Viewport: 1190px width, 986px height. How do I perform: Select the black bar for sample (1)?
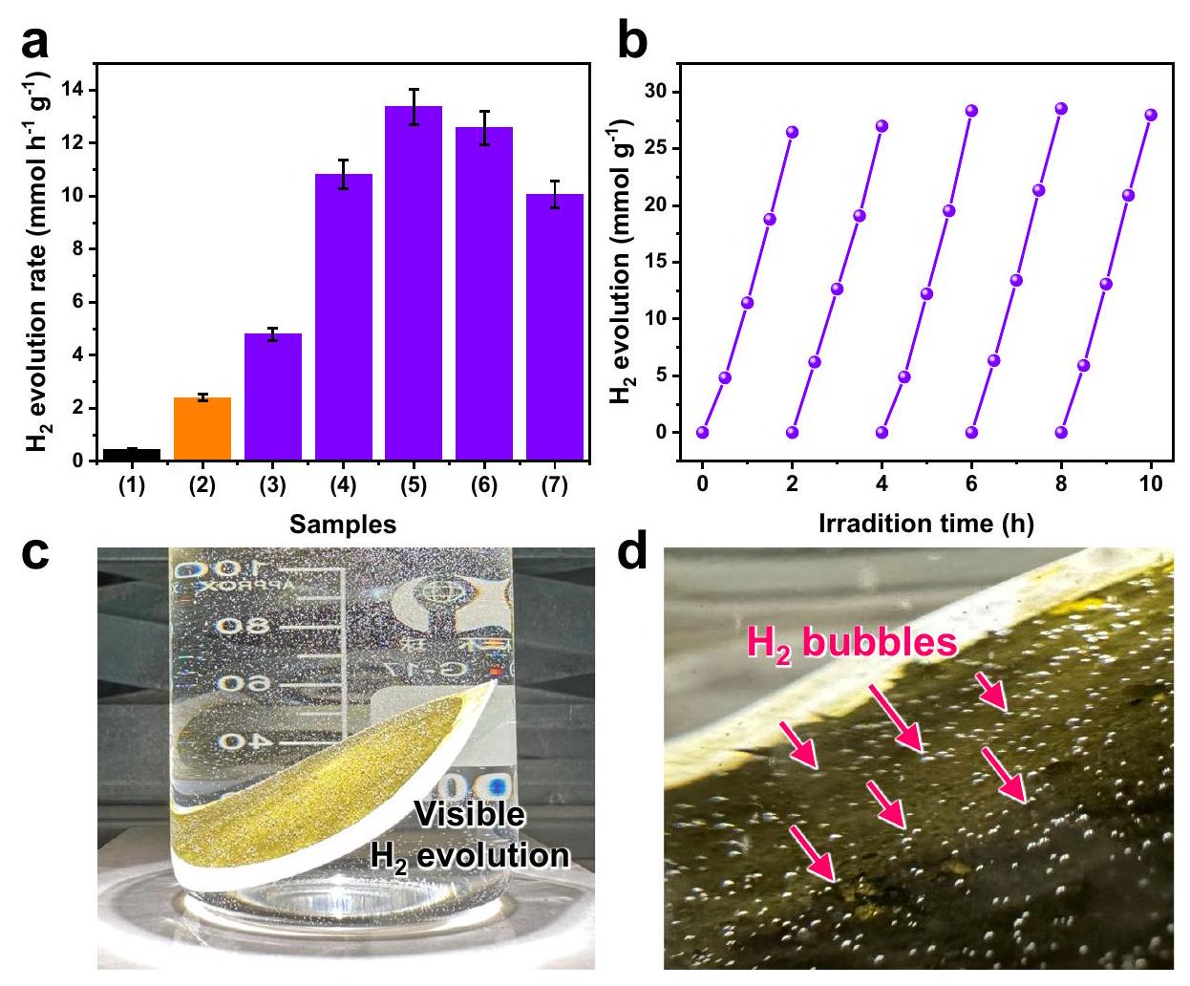click(132, 455)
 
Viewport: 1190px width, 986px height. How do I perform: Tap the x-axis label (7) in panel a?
click(554, 486)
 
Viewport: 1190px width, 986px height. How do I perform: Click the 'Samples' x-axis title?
click(343, 525)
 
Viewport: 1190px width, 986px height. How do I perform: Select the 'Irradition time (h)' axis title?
click(925, 523)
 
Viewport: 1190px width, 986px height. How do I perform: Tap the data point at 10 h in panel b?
click(1150, 115)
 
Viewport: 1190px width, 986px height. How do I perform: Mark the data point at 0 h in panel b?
click(702, 433)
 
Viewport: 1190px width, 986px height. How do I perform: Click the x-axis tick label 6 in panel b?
click(971, 484)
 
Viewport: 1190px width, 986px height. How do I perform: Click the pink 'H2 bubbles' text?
click(851, 643)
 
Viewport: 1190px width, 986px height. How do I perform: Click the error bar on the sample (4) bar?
click(343, 174)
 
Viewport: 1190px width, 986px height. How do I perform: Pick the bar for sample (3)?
click(272, 397)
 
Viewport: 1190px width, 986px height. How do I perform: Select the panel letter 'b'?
click(634, 44)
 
